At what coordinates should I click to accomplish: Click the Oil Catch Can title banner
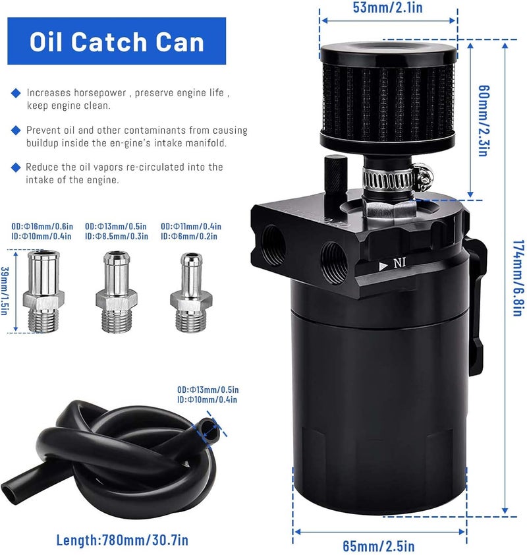click(x=117, y=42)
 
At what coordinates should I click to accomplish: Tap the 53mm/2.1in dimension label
click(x=387, y=9)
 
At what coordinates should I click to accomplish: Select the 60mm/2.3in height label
click(x=483, y=120)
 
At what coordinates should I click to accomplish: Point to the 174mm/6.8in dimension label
click(x=517, y=277)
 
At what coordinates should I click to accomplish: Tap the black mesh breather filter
click(x=387, y=99)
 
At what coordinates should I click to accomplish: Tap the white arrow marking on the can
click(x=383, y=265)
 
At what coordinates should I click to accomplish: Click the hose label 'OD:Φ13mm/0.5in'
click(x=208, y=389)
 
